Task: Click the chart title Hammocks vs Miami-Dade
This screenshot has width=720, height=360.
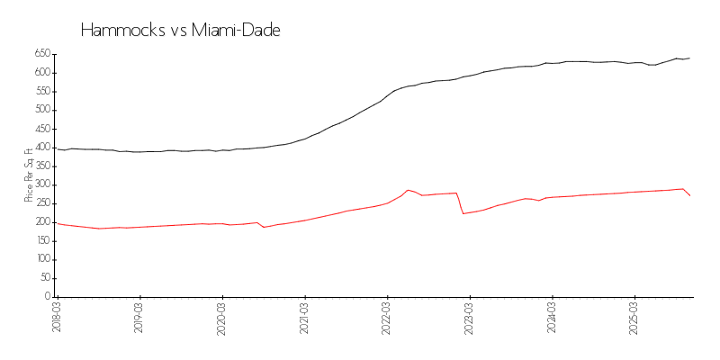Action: (x=181, y=31)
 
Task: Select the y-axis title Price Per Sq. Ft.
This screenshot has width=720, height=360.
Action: (x=29, y=175)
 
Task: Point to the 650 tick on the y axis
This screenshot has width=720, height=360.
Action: (x=41, y=54)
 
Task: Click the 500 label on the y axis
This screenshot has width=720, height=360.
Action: (x=41, y=110)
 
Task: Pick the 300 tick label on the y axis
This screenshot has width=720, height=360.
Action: (x=41, y=184)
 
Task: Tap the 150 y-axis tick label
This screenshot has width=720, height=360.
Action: (x=41, y=240)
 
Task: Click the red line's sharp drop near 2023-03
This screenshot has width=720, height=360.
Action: (x=460, y=203)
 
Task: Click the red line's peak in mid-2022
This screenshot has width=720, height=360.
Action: (x=408, y=190)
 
